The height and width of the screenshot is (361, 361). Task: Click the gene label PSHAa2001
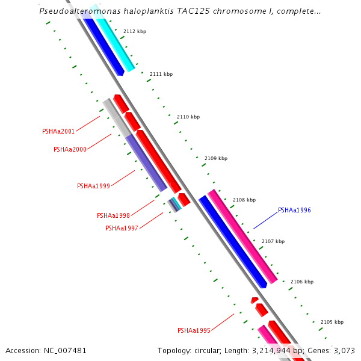58,131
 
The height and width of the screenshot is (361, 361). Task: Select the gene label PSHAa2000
70,149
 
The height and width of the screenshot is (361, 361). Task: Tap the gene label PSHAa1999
93,186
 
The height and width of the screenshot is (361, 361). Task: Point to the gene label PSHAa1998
113,215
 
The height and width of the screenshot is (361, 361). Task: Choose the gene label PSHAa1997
122,228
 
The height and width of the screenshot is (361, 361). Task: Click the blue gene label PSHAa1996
294,211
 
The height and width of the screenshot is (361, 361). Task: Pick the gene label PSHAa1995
194,330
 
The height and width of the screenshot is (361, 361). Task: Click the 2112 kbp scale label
134,31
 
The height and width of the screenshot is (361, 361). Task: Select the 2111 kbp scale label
161,74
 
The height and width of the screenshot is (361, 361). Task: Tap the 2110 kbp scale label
188,117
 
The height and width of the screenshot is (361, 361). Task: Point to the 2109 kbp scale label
215,158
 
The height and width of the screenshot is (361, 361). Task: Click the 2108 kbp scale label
244,200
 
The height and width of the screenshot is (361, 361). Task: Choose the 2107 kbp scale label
273,241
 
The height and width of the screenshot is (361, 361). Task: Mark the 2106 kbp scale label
302,282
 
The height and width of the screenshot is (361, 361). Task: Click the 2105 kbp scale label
332,322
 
